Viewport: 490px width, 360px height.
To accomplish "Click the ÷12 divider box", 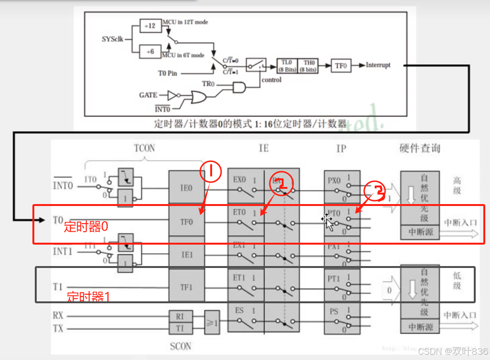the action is pyautogui.click(x=151, y=26).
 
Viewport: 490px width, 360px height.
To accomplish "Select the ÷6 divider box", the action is pyautogui.click(x=151, y=51).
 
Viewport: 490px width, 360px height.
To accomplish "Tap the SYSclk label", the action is pyautogui.click(x=112, y=39).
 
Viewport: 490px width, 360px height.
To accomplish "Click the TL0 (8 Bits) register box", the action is pyautogui.click(x=287, y=66).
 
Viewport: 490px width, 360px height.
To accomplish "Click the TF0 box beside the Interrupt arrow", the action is pyautogui.click(x=340, y=66).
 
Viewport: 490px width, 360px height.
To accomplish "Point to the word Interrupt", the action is pyautogui.click(x=378, y=65).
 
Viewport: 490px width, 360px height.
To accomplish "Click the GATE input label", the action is pyautogui.click(x=148, y=95).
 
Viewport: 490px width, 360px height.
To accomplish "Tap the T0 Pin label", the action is pyautogui.click(x=168, y=73).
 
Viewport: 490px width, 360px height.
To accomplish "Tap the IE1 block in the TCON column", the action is pyautogui.click(x=186, y=255).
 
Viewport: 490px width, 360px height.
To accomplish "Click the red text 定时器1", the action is pyautogui.click(x=88, y=297).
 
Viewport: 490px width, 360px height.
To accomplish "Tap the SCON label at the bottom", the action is pyautogui.click(x=180, y=346).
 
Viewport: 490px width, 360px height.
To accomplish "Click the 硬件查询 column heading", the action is pyautogui.click(x=419, y=148).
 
